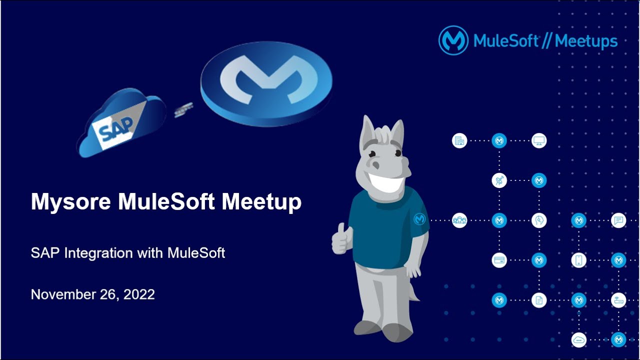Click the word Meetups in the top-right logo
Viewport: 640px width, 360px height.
point(586,41)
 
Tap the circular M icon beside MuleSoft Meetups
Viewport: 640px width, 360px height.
point(453,40)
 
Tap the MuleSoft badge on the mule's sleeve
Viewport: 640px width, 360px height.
point(419,219)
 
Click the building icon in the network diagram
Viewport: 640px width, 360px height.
point(459,140)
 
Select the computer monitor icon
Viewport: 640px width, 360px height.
point(539,140)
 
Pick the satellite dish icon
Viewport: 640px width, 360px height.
point(499,180)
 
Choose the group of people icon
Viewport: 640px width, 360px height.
point(459,220)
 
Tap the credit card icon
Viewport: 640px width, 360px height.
point(499,260)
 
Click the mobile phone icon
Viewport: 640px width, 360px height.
point(578,260)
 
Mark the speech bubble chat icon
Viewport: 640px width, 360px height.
point(618,220)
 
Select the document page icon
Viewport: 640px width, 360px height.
point(539,300)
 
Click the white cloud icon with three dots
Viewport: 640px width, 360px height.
point(578,340)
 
